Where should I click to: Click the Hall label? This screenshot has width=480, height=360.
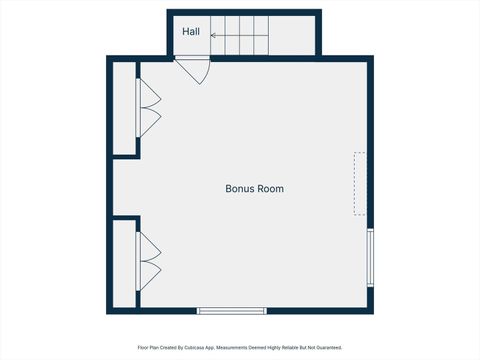click(x=191, y=32)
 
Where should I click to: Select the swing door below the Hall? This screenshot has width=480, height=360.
click(x=193, y=71)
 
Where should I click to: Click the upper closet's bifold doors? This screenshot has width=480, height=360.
click(x=150, y=108)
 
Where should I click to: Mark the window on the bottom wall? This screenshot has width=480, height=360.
click(x=231, y=311)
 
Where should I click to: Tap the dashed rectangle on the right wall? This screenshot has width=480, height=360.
click(x=360, y=183)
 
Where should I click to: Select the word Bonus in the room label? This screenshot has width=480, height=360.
click(x=237, y=188)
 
